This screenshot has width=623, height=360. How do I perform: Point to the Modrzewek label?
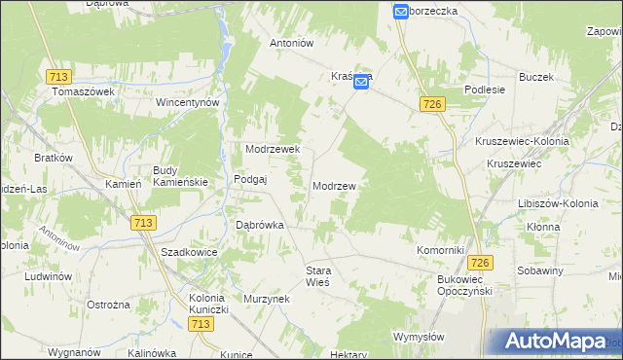click(278, 149)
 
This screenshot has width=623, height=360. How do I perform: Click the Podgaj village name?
click(250, 179)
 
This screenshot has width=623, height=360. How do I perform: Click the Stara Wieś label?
click(318, 275)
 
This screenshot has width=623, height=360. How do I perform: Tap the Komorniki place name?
click(440, 250)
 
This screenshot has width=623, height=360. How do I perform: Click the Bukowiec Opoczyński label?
click(461, 284)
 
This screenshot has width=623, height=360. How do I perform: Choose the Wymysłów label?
click(419, 337)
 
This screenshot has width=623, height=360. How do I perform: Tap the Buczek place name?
click(536, 76)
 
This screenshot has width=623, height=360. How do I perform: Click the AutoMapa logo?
click(554, 342)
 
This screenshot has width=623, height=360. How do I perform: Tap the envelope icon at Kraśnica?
click(361, 84)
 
